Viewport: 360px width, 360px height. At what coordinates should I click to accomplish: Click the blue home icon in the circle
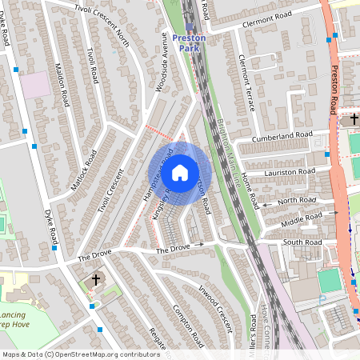pyautogui.click(x=180, y=172)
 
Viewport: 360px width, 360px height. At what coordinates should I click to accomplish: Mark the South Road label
pyautogui.click(x=302, y=242)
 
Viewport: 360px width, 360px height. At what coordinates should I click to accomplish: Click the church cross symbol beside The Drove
pyautogui.click(x=96, y=280)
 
